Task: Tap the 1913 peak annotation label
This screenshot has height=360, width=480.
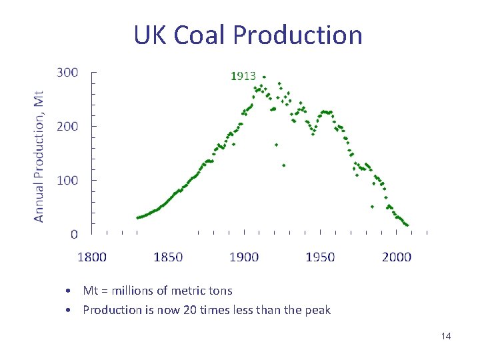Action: [x=243, y=76]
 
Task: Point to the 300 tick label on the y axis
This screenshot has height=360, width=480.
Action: [x=67, y=72]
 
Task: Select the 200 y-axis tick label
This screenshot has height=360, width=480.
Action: [x=67, y=126]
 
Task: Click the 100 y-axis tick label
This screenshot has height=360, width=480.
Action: [x=67, y=180]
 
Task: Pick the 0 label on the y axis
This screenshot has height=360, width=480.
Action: [x=73, y=234]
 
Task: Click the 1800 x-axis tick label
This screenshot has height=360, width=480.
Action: [x=92, y=257]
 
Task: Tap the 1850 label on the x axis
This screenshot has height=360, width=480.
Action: [x=168, y=257]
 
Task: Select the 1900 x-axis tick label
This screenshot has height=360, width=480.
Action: [x=244, y=257]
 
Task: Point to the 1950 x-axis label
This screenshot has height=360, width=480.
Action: [x=321, y=257]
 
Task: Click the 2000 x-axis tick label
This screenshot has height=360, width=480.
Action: [x=397, y=257]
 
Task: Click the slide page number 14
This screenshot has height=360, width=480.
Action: [x=446, y=336]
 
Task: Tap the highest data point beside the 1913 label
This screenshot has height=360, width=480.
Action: [x=264, y=77]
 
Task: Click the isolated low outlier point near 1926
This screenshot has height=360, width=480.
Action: [x=284, y=165]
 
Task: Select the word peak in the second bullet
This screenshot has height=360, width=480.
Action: [x=317, y=310]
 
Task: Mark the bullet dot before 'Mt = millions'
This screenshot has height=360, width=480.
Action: [x=69, y=291]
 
